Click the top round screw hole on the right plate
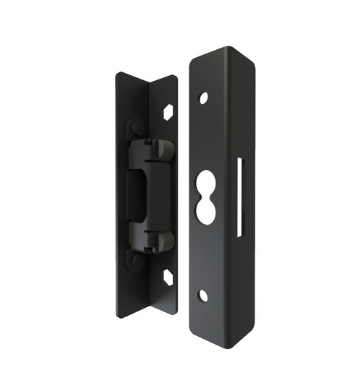tap(204, 97)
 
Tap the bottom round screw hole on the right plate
tap(203, 295)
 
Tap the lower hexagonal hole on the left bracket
tap(168, 277)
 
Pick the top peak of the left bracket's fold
tap(150, 86)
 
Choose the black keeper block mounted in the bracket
tap(150, 195)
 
